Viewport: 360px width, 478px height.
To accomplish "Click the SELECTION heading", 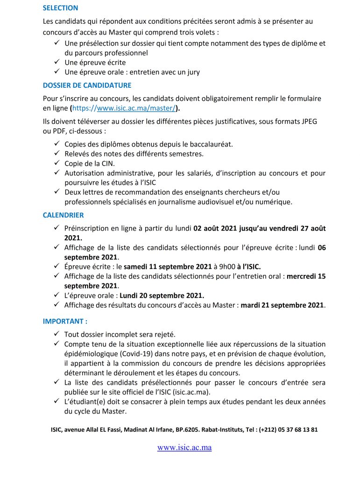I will pyautogui.click(x=60, y=8).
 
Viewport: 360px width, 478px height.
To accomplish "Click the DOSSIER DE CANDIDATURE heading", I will pyautogui.click(x=87, y=85).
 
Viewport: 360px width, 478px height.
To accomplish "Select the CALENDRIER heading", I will pyautogui.click(x=63, y=215).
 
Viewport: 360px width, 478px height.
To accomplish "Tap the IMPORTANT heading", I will pyautogui.click(x=65, y=322).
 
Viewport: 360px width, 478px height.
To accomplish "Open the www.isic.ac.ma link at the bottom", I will pyautogui.click(x=184, y=447).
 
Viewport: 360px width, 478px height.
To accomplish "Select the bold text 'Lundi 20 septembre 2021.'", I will pyautogui.click(x=162, y=295).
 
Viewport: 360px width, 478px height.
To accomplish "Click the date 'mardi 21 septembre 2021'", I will pyautogui.click(x=282, y=305).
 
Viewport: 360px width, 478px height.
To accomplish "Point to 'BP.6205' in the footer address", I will pyautogui.click(x=198, y=429).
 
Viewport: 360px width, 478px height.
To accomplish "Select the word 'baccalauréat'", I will pyautogui.click(x=213, y=144).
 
